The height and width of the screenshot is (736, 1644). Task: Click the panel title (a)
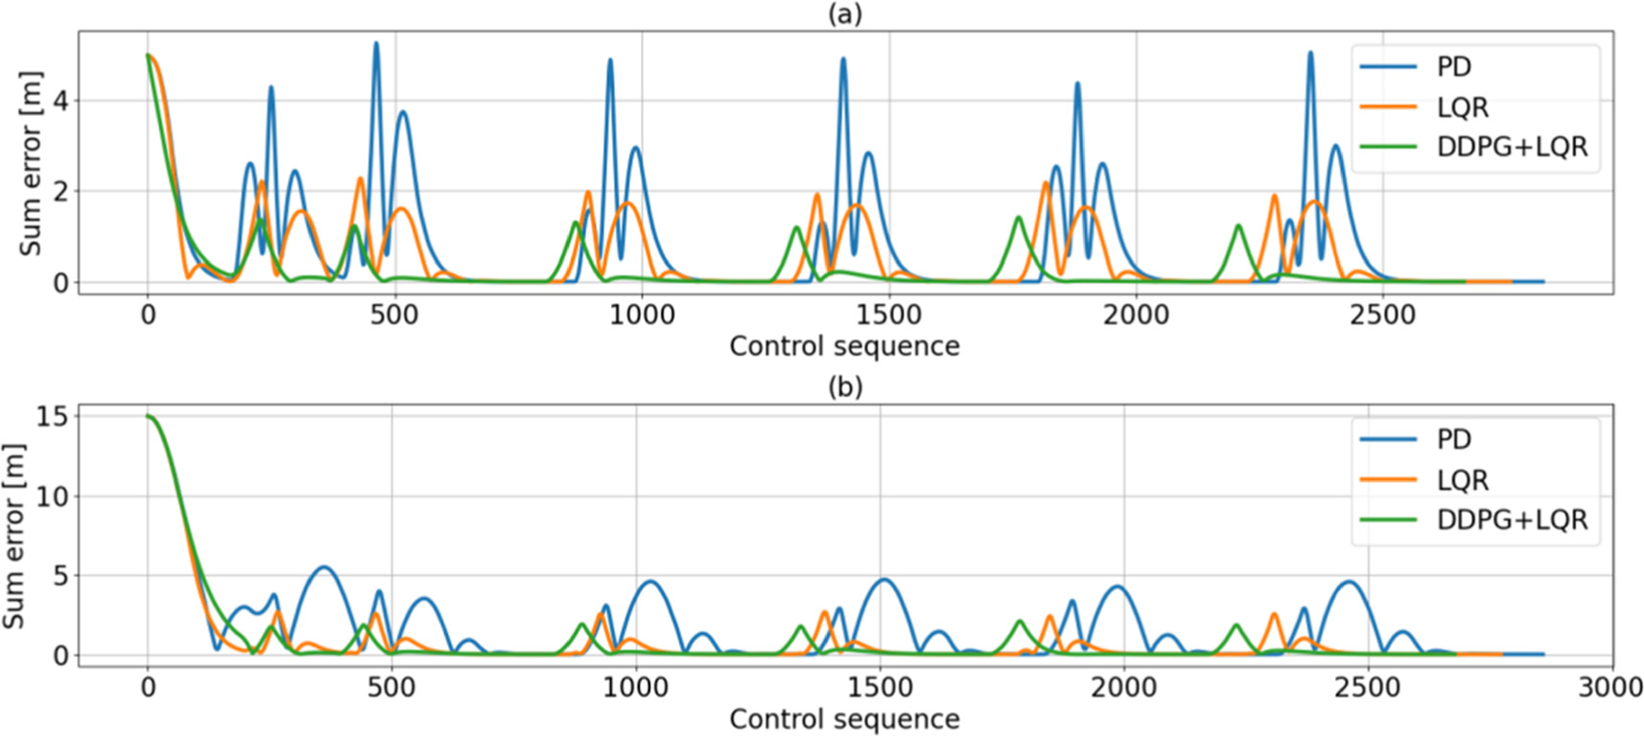(844, 14)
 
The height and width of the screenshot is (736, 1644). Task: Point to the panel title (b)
(844, 387)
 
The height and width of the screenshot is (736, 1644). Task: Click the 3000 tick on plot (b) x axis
(1610, 688)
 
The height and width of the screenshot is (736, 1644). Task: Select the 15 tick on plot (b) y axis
(52, 416)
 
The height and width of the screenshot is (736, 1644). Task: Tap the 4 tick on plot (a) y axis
(61, 101)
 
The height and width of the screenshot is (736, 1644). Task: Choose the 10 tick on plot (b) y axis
(52, 496)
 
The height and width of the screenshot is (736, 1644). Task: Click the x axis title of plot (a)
(844, 346)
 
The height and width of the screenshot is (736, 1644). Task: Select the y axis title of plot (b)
(14, 535)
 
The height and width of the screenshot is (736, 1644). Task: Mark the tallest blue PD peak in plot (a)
(376, 43)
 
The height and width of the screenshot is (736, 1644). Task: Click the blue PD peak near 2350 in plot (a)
(1310, 54)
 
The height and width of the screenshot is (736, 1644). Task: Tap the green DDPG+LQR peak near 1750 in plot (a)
(1018, 218)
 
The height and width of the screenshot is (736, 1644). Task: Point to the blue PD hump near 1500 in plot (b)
(882, 581)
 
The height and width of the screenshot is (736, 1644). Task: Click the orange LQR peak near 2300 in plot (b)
(1275, 614)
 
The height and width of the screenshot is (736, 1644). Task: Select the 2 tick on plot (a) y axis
(61, 192)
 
